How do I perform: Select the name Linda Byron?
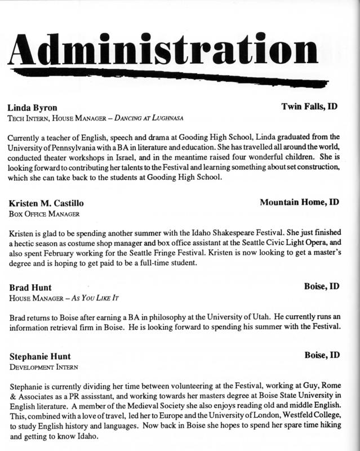pos(33,107)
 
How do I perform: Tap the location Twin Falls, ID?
pos(309,106)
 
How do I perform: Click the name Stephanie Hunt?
pos(40,356)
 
